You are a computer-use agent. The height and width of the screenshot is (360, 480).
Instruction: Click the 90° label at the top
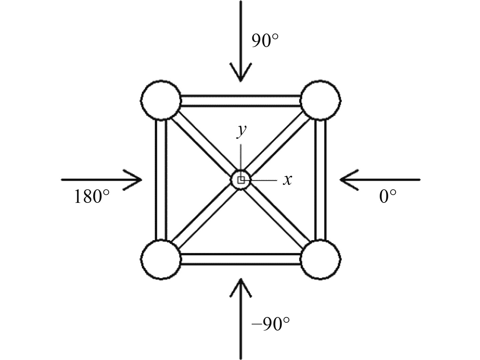(265, 41)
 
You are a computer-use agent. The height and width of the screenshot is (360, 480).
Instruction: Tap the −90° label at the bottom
(271, 324)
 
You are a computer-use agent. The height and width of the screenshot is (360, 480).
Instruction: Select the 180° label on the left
(91, 197)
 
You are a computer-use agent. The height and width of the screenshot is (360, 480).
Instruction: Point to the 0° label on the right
(388, 197)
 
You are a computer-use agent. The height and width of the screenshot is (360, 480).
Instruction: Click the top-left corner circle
(161, 100)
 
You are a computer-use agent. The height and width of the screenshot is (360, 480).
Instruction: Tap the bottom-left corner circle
(161, 259)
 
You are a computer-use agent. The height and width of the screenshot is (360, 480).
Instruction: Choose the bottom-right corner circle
(320, 259)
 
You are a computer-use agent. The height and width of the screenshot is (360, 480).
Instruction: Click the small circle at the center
(241, 180)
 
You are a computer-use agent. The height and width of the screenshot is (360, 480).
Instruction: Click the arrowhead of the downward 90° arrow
(241, 76)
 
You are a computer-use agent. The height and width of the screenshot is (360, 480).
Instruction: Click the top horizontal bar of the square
(241, 101)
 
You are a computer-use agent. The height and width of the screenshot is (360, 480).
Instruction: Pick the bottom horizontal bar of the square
(241, 259)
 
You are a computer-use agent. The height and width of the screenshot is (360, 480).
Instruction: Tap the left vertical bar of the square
(161, 179)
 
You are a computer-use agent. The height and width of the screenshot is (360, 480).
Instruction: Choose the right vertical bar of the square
(320, 179)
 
